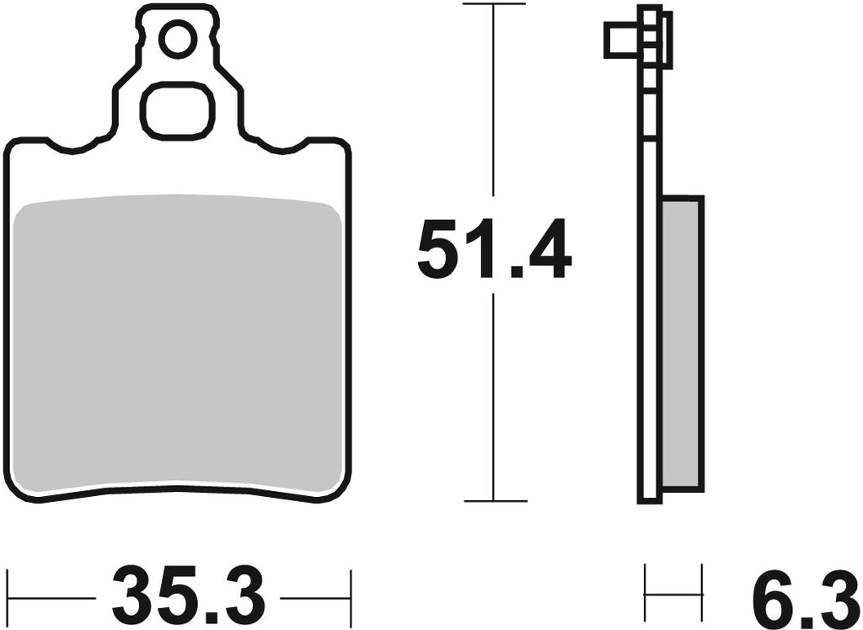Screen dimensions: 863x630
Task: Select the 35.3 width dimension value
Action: click(x=188, y=596)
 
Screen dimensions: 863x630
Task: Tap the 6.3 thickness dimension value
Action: click(x=803, y=596)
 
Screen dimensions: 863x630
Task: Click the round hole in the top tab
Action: click(x=178, y=38)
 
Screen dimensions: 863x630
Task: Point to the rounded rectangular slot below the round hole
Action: click(x=178, y=109)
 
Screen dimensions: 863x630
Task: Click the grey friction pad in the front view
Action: click(x=178, y=343)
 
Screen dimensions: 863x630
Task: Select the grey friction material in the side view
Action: click(x=683, y=344)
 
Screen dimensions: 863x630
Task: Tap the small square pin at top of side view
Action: click(x=623, y=40)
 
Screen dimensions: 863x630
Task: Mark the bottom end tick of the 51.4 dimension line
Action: click(x=496, y=500)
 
